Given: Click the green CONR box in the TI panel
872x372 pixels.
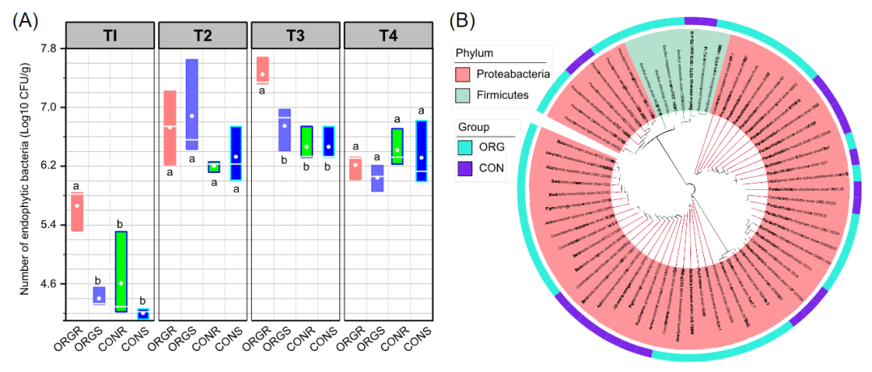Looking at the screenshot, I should point(121,271).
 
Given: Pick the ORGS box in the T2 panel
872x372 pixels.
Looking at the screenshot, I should point(192,104).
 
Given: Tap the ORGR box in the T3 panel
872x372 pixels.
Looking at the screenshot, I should point(262,70).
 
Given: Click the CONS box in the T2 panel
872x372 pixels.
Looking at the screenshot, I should point(235,153).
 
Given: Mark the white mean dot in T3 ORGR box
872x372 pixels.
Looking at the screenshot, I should point(262,75).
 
